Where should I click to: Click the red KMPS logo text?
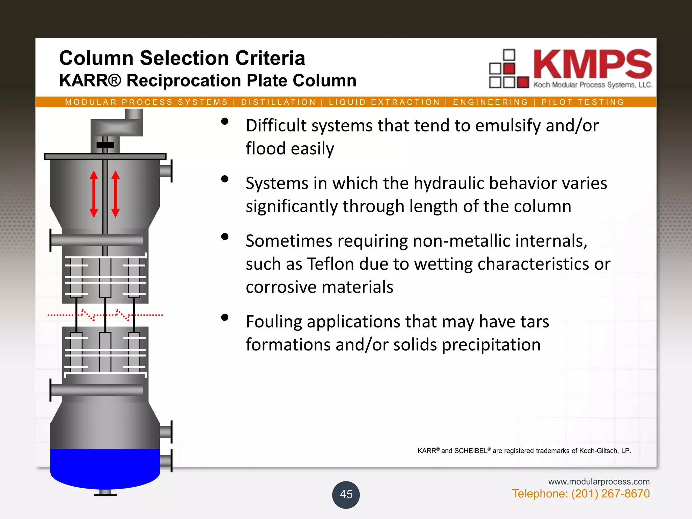(x=592, y=64)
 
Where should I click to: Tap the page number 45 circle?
(x=346, y=494)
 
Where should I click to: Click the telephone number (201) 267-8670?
(x=610, y=494)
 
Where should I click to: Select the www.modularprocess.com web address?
(x=599, y=481)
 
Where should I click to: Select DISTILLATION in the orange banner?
(x=278, y=102)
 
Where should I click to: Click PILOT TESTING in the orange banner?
(x=583, y=102)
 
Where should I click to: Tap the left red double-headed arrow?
(x=94, y=194)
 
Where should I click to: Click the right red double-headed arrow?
(x=116, y=194)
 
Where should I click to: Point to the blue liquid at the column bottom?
(x=105, y=468)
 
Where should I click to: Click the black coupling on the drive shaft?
(x=105, y=145)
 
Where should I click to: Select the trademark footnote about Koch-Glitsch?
(x=524, y=451)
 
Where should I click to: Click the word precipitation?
(x=491, y=345)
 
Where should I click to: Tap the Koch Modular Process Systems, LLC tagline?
(x=593, y=85)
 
